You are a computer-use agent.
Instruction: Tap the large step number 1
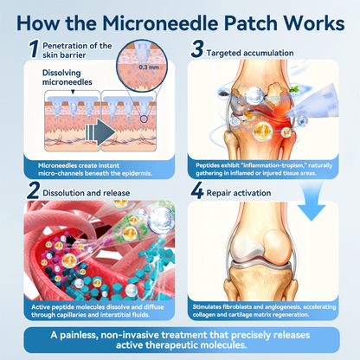(34, 49)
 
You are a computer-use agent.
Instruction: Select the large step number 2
(33, 190)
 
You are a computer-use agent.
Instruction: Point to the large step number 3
(197, 48)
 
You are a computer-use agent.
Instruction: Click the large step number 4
(197, 190)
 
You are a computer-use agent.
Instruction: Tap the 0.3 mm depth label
(149, 67)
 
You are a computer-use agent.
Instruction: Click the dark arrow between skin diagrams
(100, 132)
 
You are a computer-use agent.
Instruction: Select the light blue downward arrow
(312, 202)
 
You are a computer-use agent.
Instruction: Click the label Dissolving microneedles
(67, 77)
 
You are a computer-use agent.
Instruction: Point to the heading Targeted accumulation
(250, 53)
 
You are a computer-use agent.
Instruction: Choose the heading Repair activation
(239, 193)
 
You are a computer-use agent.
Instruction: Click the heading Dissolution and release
(87, 193)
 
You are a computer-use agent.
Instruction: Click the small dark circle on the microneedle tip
(144, 119)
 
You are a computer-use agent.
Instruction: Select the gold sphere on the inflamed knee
(262, 132)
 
